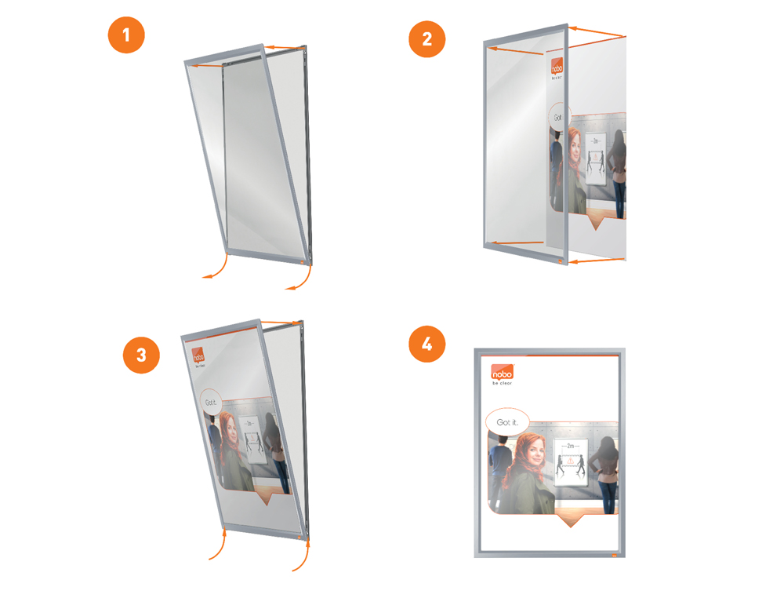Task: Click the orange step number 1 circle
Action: point(127,36)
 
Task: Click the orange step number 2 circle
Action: point(426,38)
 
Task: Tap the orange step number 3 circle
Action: point(141,354)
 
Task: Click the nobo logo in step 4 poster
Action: point(503,373)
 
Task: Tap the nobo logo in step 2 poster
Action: point(557,66)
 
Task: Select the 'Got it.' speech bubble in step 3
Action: point(210,403)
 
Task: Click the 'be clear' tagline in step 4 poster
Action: point(502,385)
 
